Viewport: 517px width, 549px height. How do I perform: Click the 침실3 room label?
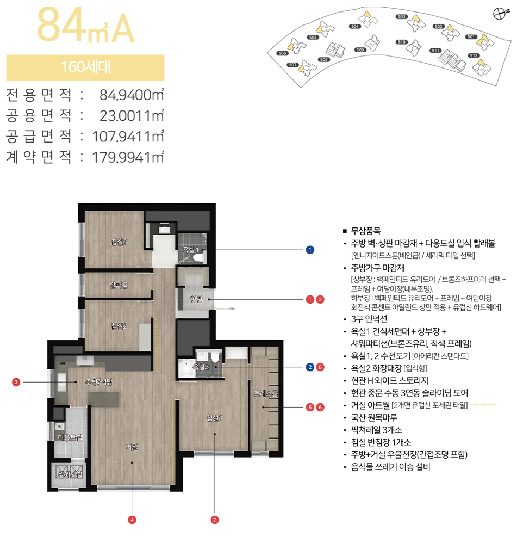(x=119, y=242)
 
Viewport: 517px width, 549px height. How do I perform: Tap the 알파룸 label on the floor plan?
(x=119, y=285)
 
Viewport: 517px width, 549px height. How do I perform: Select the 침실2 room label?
(x=119, y=326)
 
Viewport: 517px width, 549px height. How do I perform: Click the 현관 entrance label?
(x=196, y=299)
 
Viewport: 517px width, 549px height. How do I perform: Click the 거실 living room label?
(x=132, y=447)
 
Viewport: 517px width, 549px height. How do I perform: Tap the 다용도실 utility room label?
(x=70, y=437)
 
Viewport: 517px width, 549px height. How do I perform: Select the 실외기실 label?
(x=70, y=474)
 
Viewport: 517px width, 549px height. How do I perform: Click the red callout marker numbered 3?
(x=17, y=383)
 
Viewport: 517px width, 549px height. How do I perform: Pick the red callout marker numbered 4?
(x=132, y=520)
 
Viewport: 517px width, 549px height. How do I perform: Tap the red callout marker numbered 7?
(x=215, y=520)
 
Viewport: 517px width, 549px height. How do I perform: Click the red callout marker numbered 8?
(x=320, y=367)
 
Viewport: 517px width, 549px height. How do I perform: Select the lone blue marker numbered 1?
(x=310, y=250)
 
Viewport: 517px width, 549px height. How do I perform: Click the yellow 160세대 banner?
(x=85, y=67)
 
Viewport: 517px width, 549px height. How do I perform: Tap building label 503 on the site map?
(x=402, y=17)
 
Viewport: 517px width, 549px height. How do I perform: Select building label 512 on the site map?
(x=473, y=55)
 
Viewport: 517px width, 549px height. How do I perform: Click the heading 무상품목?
(x=365, y=231)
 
